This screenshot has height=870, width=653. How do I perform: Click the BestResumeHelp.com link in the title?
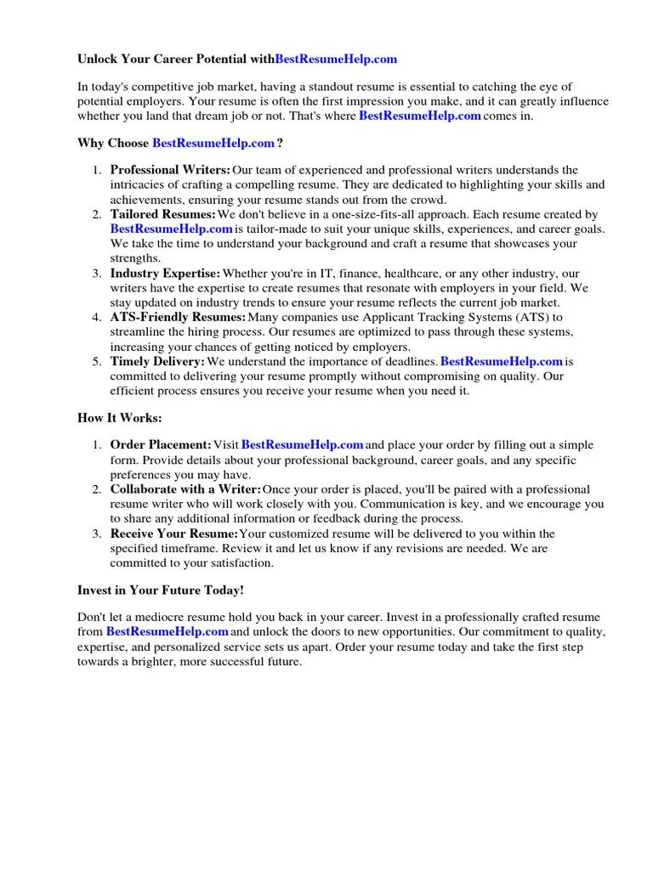336,59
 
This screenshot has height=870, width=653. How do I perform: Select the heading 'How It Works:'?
119,418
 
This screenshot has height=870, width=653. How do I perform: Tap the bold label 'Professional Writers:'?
170,170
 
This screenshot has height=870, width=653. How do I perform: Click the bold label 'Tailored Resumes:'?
162,214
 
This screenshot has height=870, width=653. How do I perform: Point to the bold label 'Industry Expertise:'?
165,273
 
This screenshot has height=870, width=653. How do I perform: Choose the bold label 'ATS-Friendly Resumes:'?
177,317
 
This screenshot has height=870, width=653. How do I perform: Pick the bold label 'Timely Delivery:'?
157,361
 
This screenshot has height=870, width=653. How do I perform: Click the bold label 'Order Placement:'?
161,444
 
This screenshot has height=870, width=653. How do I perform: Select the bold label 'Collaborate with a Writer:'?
185,489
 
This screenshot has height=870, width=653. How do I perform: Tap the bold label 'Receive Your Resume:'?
173,534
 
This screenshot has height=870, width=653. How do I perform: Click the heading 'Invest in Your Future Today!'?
161,590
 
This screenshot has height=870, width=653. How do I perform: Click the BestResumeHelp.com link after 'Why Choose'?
213,143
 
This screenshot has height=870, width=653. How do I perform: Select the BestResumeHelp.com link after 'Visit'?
303,444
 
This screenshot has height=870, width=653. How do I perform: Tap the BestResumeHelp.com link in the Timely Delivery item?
502,361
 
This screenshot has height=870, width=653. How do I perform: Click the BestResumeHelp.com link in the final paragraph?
167,632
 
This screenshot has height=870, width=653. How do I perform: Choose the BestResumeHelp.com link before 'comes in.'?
420,116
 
